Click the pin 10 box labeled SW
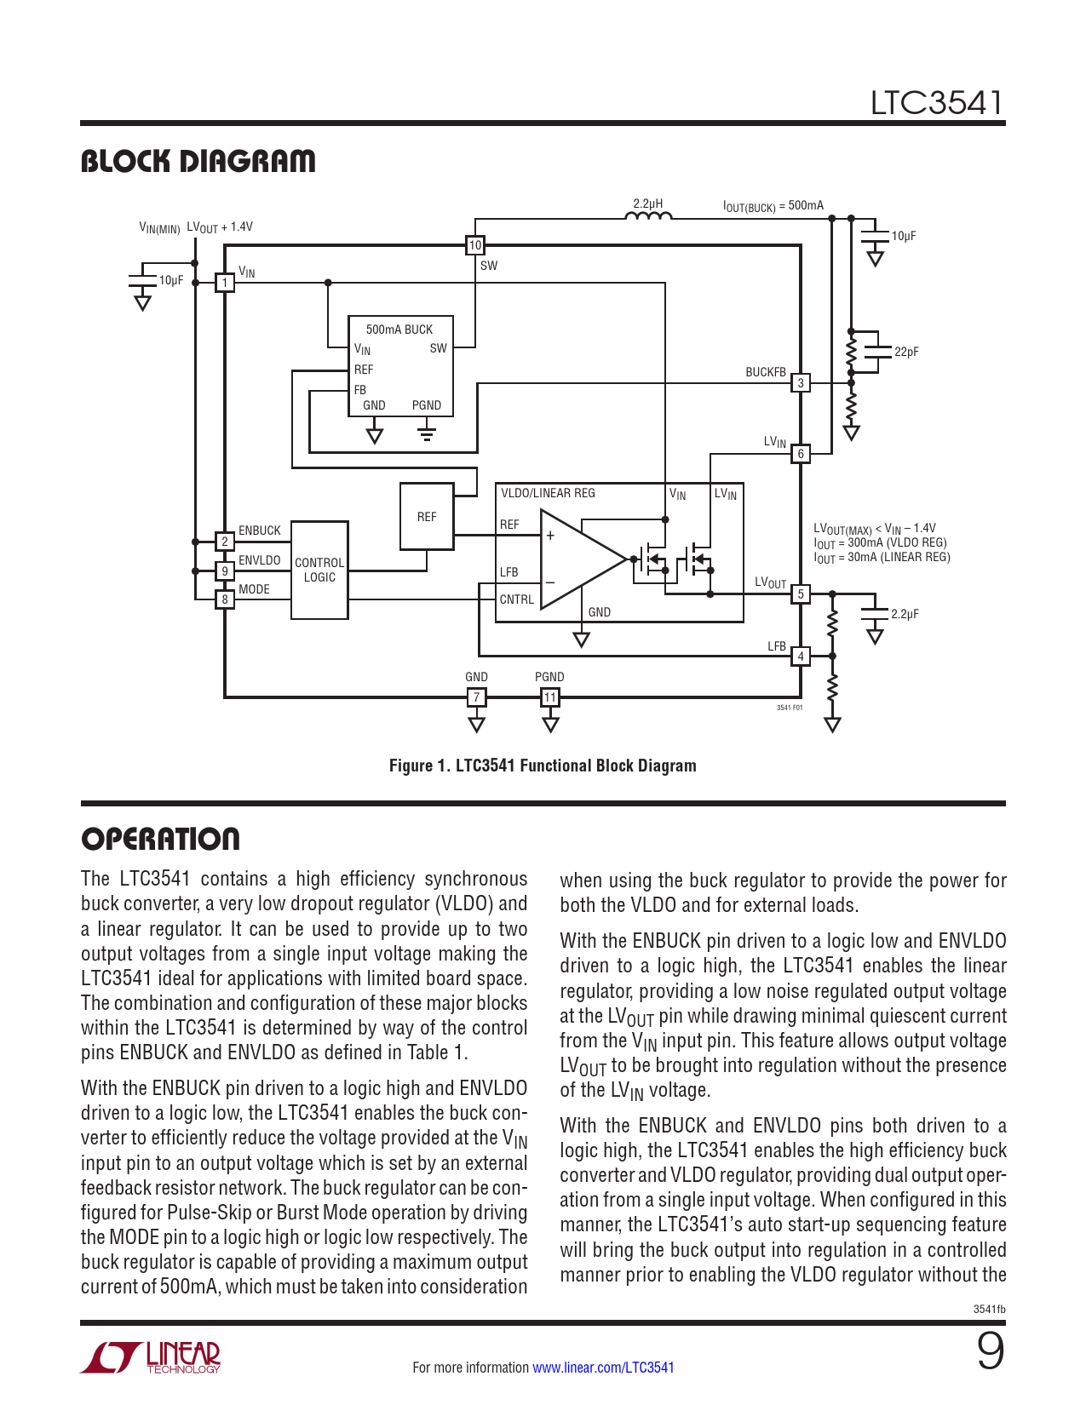tap(475, 245)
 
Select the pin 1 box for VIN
tap(225, 283)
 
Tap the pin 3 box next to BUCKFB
tap(801, 383)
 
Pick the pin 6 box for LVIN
tap(801, 454)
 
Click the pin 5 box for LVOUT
tap(801, 594)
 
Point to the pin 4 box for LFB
tap(801, 657)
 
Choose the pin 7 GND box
tap(477, 697)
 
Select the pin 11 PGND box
tap(550, 697)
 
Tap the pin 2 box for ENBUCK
tap(225, 542)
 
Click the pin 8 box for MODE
tap(225, 599)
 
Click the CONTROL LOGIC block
tap(319, 570)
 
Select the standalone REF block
tap(427, 517)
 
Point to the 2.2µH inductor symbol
tap(648, 216)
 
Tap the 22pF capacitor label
tap(906, 352)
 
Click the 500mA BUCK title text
tap(399, 330)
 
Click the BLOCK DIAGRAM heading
tap(198, 161)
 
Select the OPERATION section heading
tap(160, 839)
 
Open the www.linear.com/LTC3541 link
tap(603, 1368)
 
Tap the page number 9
tap(991, 1351)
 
